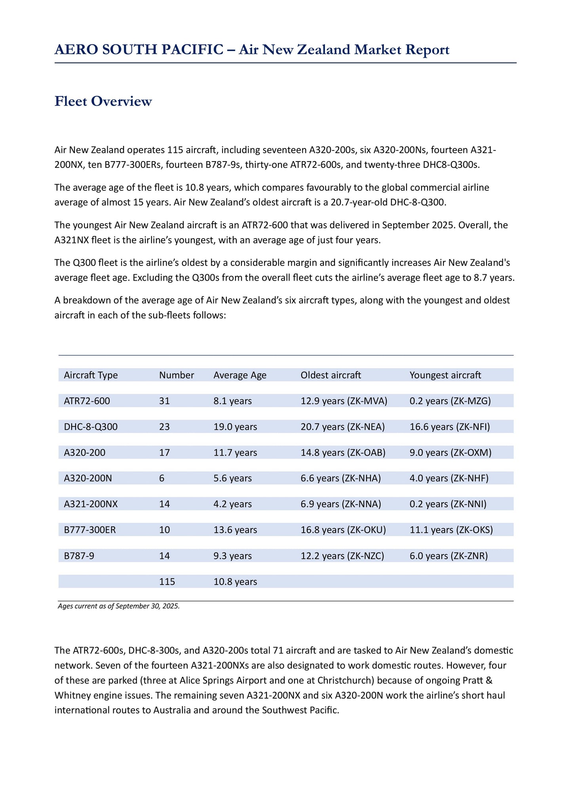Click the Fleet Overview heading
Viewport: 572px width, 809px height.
click(x=103, y=101)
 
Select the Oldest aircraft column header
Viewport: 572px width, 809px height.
click(x=331, y=375)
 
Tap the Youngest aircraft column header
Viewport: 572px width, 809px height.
click(x=445, y=375)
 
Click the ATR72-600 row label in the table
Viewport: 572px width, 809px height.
click(x=87, y=401)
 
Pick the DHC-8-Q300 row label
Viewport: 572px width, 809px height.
click(x=91, y=427)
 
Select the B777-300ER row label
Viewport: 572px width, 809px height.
click(x=90, y=530)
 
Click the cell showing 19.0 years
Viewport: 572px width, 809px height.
click(x=235, y=427)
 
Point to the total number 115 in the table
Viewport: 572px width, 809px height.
click(x=167, y=581)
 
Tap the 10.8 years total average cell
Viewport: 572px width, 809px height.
click(x=235, y=581)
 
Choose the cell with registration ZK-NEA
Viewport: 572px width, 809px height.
click(x=342, y=427)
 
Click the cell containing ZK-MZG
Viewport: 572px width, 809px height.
click(x=450, y=401)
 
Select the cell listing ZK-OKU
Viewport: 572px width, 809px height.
click(x=343, y=530)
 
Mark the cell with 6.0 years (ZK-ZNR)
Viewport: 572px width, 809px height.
click(x=448, y=556)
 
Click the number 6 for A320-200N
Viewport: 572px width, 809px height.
click(x=162, y=478)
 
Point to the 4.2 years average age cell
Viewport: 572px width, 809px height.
click(x=232, y=504)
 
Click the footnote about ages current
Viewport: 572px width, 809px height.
click(x=119, y=606)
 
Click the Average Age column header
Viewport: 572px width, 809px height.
click(x=240, y=375)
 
